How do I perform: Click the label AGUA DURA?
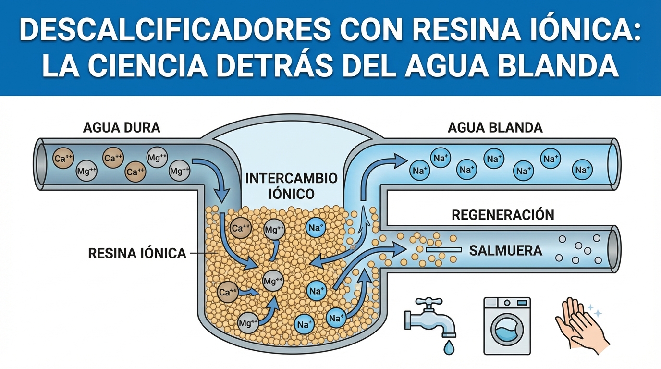click(x=122, y=128)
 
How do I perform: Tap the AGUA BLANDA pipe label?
click(x=495, y=128)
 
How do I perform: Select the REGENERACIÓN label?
click(x=503, y=215)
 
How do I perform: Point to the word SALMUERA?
click(x=505, y=250)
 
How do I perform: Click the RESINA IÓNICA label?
click(x=137, y=253)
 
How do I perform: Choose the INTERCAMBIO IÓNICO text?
click(x=291, y=186)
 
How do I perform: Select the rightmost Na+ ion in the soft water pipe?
click(x=582, y=170)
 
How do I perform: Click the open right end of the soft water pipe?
click(x=614, y=158)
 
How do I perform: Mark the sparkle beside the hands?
click(x=597, y=313)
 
